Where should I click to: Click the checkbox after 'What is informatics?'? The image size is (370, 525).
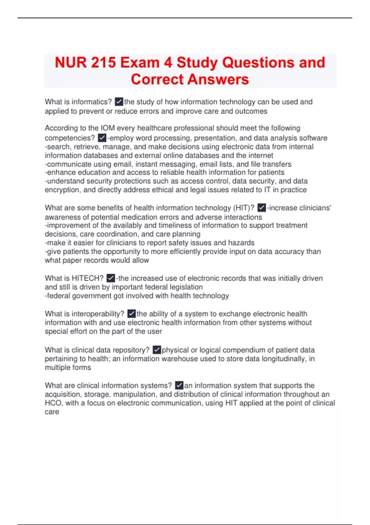[x=119, y=102]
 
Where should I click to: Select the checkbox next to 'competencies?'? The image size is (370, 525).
[x=102, y=138]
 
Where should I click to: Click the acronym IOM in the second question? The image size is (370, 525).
[x=108, y=128]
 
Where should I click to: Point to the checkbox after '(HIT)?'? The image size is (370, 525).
[x=261, y=208]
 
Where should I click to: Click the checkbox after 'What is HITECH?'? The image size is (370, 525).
[x=111, y=278]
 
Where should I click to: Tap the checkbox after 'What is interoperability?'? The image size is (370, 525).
[x=131, y=314]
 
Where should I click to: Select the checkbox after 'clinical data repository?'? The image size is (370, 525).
[x=157, y=350]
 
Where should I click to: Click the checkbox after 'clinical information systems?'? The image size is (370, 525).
[x=179, y=385]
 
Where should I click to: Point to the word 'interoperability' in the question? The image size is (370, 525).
[x=98, y=314]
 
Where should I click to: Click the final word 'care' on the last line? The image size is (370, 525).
[x=52, y=412]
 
